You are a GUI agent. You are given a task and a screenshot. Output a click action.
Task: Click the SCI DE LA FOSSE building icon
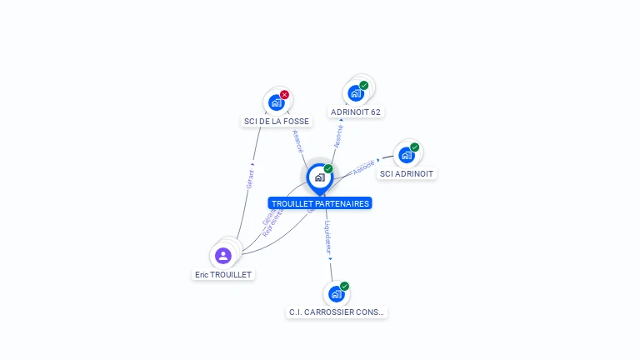click(x=276, y=102)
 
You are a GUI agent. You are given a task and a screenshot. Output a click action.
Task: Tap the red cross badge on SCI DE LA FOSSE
click(x=285, y=95)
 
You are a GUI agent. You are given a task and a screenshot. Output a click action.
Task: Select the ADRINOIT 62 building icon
click(x=356, y=92)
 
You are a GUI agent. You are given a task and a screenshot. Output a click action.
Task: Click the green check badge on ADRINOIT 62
click(x=364, y=85)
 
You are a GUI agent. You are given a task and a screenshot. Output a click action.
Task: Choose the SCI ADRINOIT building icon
click(x=406, y=155)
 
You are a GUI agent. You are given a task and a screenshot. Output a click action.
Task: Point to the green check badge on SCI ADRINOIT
click(x=415, y=147)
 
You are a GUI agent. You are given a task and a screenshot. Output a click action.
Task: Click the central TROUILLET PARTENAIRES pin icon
click(x=319, y=177)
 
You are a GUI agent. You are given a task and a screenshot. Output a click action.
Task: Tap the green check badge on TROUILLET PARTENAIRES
click(x=328, y=169)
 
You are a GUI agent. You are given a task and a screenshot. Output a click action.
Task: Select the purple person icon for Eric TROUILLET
click(x=222, y=256)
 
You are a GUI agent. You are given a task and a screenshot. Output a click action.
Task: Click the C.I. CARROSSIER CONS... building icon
click(x=336, y=294)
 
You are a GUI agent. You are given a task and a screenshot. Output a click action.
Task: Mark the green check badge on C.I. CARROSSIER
click(x=345, y=287)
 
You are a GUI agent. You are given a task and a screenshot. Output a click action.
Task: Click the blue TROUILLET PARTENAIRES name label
click(x=320, y=203)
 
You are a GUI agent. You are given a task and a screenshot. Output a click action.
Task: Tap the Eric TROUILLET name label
click(x=223, y=274)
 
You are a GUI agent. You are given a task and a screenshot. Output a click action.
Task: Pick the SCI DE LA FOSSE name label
click(x=276, y=121)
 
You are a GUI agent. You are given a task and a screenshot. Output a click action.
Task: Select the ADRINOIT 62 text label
click(x=357, y=112)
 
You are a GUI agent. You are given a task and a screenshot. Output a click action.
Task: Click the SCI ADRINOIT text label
click(x=407, y=174)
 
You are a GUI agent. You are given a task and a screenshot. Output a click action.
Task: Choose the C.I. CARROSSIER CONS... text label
click(x=337, y=312)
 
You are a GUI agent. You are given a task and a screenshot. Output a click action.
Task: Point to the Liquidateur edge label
click(x=328, y=237)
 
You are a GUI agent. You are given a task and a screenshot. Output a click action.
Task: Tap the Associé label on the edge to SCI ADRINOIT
click(x=363, y=167)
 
